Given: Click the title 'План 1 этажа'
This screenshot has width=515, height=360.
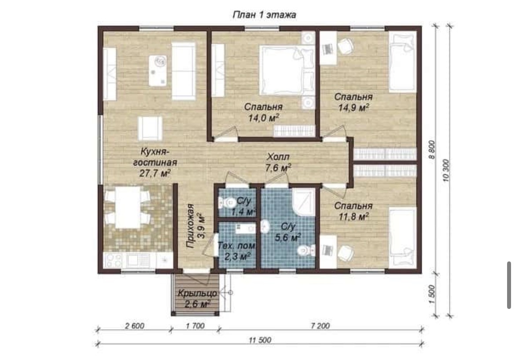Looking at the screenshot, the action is pos(265,15).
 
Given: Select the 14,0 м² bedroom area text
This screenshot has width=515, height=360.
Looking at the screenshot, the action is pos(264,118).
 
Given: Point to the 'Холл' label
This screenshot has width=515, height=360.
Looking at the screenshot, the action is pos(278,156).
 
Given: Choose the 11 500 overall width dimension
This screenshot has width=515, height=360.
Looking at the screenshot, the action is pos(260,340).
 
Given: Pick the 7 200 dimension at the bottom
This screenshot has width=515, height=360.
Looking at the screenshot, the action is pos(320,326).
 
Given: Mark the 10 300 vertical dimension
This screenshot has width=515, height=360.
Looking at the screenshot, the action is pos(446,171).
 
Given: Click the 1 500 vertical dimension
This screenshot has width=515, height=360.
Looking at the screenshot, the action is pos(432,294).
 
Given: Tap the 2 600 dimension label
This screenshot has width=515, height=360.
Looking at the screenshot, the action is pos(135,326).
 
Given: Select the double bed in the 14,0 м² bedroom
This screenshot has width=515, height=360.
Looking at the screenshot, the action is pos(287,70).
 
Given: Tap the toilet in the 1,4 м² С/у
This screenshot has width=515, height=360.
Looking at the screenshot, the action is pos(225,202).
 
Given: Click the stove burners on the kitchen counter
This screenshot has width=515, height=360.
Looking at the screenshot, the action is pos(113,260).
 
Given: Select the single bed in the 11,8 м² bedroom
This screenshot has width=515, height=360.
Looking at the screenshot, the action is pos(403,236).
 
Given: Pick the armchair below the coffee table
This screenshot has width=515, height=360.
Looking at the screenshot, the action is pos(150,128).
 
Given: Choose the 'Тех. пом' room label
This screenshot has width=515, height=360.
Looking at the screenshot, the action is pos(236,246).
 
